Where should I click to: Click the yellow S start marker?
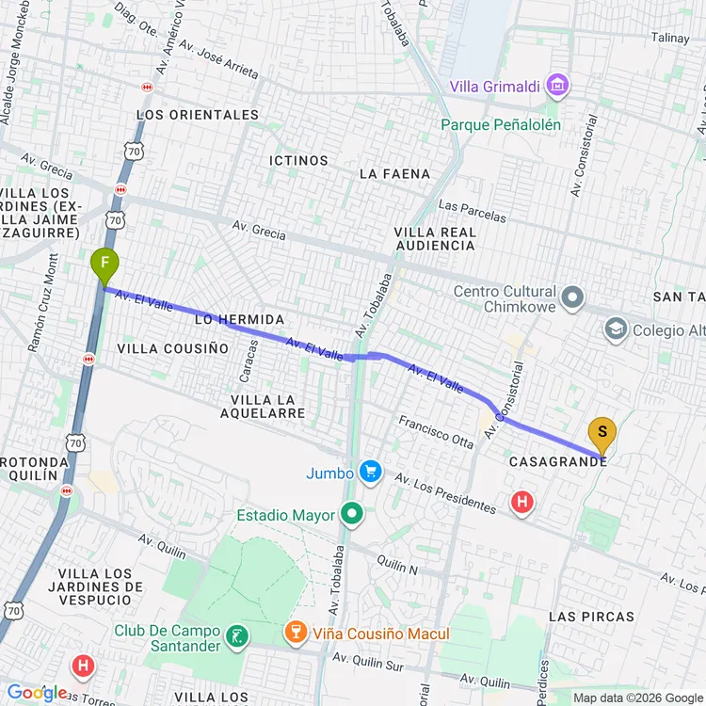(602, 434)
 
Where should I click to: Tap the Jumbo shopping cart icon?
(371, 473)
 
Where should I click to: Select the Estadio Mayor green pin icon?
(353, 514)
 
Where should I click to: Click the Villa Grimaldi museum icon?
(558, 87)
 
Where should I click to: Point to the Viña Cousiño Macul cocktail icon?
(297, 634)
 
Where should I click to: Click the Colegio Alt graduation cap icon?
(616, 329)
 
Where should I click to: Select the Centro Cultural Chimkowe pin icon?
(572, 298)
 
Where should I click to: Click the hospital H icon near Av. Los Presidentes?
(521, 502)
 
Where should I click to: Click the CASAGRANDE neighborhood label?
(557, 461)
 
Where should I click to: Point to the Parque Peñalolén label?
(501, 124)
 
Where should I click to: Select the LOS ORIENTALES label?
(198, 115)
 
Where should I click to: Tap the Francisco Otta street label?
(435, 432)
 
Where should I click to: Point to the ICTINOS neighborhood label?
(298, 160)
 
